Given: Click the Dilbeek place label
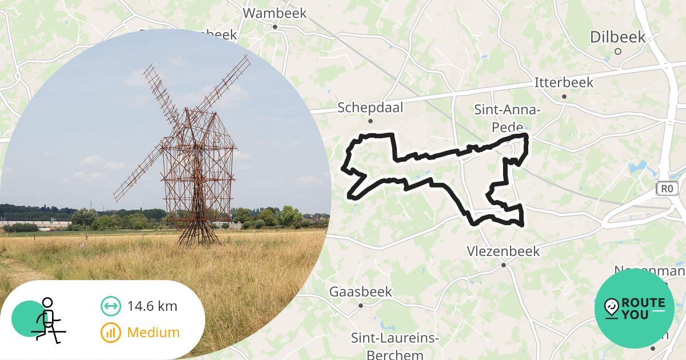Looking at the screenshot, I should point(617,38).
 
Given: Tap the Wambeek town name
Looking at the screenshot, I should point(274,13).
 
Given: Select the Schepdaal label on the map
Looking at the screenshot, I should point(370,107).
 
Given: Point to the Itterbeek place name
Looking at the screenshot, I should point(564,82).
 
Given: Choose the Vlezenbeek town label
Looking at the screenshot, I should point(503,251).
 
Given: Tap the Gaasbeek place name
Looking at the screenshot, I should point(361,292).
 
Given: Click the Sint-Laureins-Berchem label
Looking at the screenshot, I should point(395,346).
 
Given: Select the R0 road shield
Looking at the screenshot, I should point(667,188).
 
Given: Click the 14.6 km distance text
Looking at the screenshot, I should point(152,306).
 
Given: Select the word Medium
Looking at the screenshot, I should point(153,332).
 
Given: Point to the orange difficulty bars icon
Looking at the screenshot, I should point(110,333).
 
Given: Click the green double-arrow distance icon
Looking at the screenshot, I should point(110,306).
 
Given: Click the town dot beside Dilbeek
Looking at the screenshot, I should point(617,51).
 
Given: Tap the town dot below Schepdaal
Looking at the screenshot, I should point(370,121).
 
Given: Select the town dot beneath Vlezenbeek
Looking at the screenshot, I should point(504,265).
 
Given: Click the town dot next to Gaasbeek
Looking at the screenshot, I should point(361,306).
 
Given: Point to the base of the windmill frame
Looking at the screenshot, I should point(198,240).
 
